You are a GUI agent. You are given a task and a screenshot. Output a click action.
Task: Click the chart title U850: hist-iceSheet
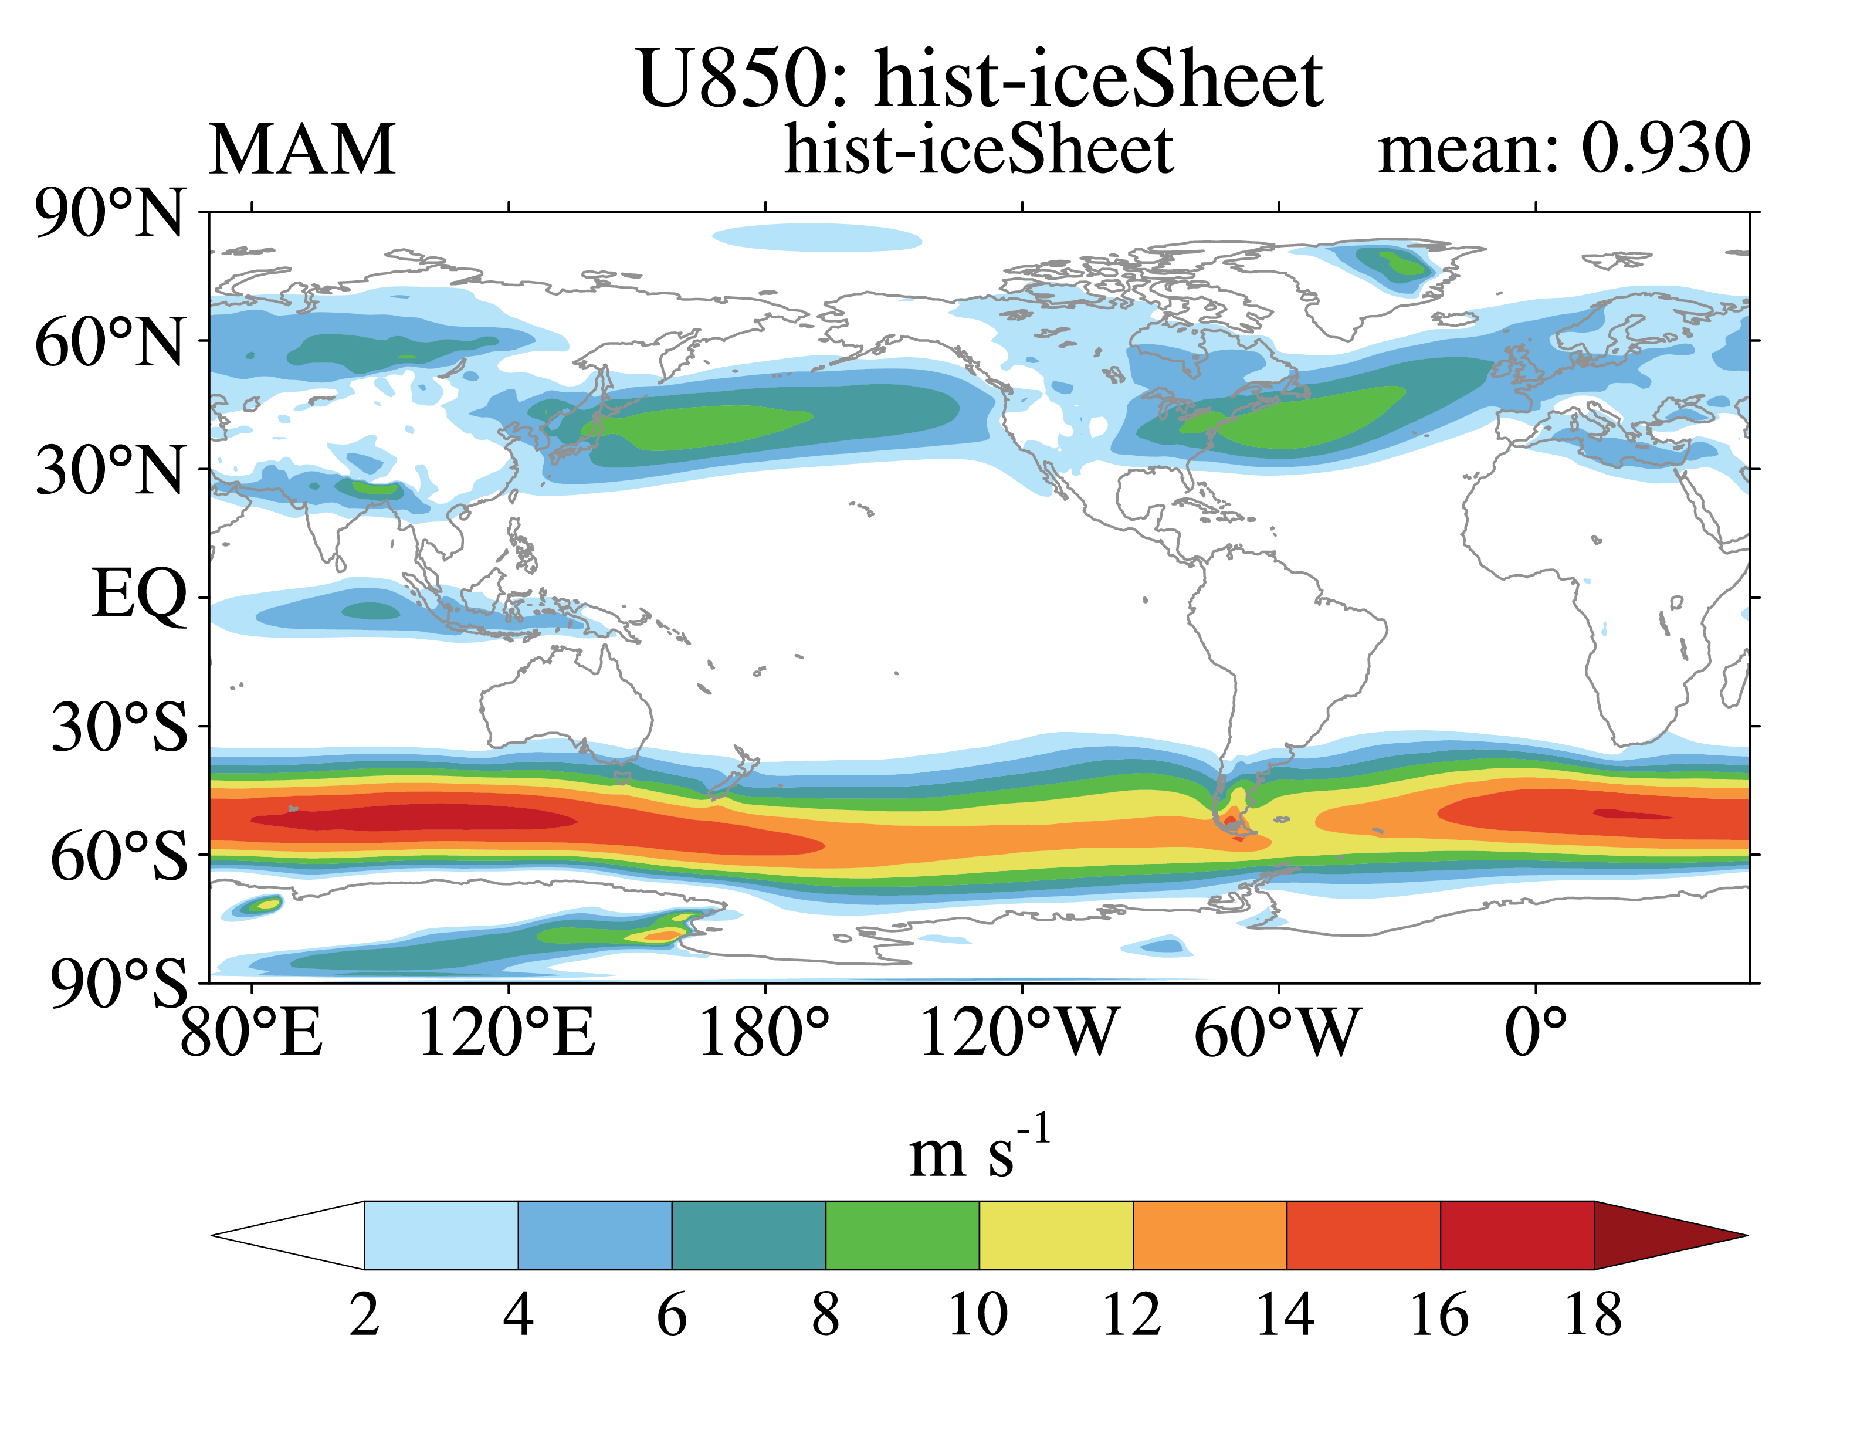(x=980, y=79)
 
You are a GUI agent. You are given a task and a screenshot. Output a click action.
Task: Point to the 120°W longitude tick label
(x=1019, y=1033)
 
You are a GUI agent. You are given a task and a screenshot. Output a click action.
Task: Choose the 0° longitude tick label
(x=1536, y=1033)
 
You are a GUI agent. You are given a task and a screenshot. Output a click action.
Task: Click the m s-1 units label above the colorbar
(x=980, y=1148)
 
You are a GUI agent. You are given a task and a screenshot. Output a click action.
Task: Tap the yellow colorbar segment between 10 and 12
(x=1056, y=1235)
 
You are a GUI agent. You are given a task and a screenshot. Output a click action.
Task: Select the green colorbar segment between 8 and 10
(x=903, y=1235)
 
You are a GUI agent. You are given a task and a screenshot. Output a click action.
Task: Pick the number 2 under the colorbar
(x=364, y=1314)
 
